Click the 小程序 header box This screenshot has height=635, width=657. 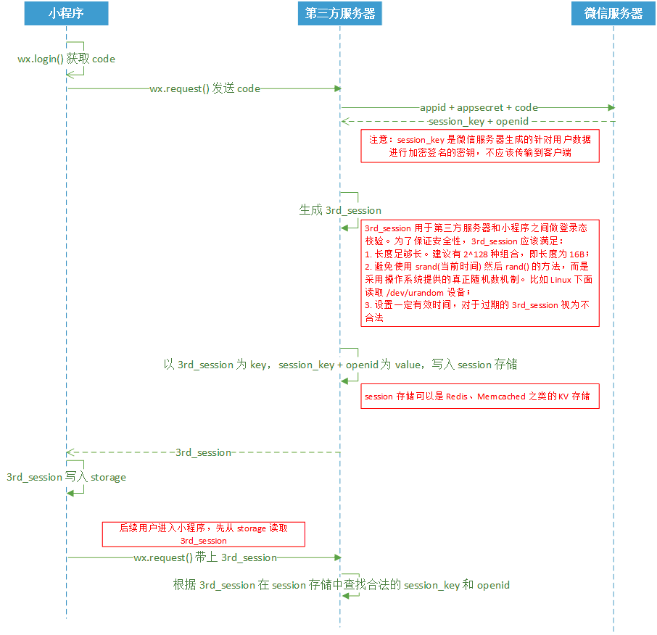click(66, 14)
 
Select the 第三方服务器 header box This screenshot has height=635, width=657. click(340, 14)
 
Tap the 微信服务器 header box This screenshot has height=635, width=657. click(613, 14)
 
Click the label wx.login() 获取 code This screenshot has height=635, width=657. click(66, 59)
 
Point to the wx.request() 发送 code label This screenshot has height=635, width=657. click(204, 89)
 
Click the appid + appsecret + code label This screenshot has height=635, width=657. click(479, 107)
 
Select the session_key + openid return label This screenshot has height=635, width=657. click(479, 121)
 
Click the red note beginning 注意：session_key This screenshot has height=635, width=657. click(480, 146)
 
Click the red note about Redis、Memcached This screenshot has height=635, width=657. click(480, 397)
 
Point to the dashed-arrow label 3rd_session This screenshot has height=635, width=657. click(203, 452)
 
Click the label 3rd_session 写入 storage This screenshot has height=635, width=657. click(66, 477)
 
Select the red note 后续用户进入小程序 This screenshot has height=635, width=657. click(203, 534)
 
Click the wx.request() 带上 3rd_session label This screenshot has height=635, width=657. click(205, 557)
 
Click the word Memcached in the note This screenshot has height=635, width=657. click(500, 397)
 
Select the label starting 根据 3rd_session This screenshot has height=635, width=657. click(341, 585)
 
